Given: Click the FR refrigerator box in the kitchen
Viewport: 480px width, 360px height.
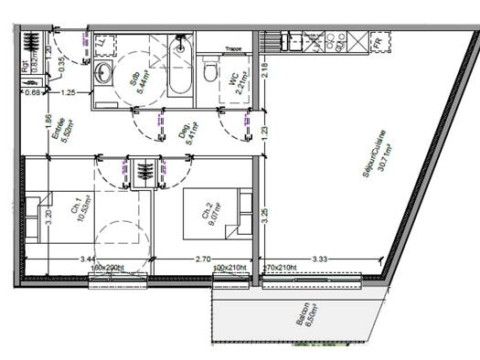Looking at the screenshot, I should (x=376, y=41).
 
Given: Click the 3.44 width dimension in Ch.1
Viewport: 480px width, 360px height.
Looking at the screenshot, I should (x=88, y=259).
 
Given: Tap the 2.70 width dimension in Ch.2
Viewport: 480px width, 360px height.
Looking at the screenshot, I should (x=204, y=259).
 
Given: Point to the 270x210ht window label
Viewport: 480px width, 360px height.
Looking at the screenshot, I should (x=280, y=268).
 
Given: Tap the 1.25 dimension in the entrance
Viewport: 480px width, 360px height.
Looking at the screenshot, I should (x=68, y=92).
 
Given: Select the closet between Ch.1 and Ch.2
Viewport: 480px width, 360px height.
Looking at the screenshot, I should (x=143, y=171).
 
